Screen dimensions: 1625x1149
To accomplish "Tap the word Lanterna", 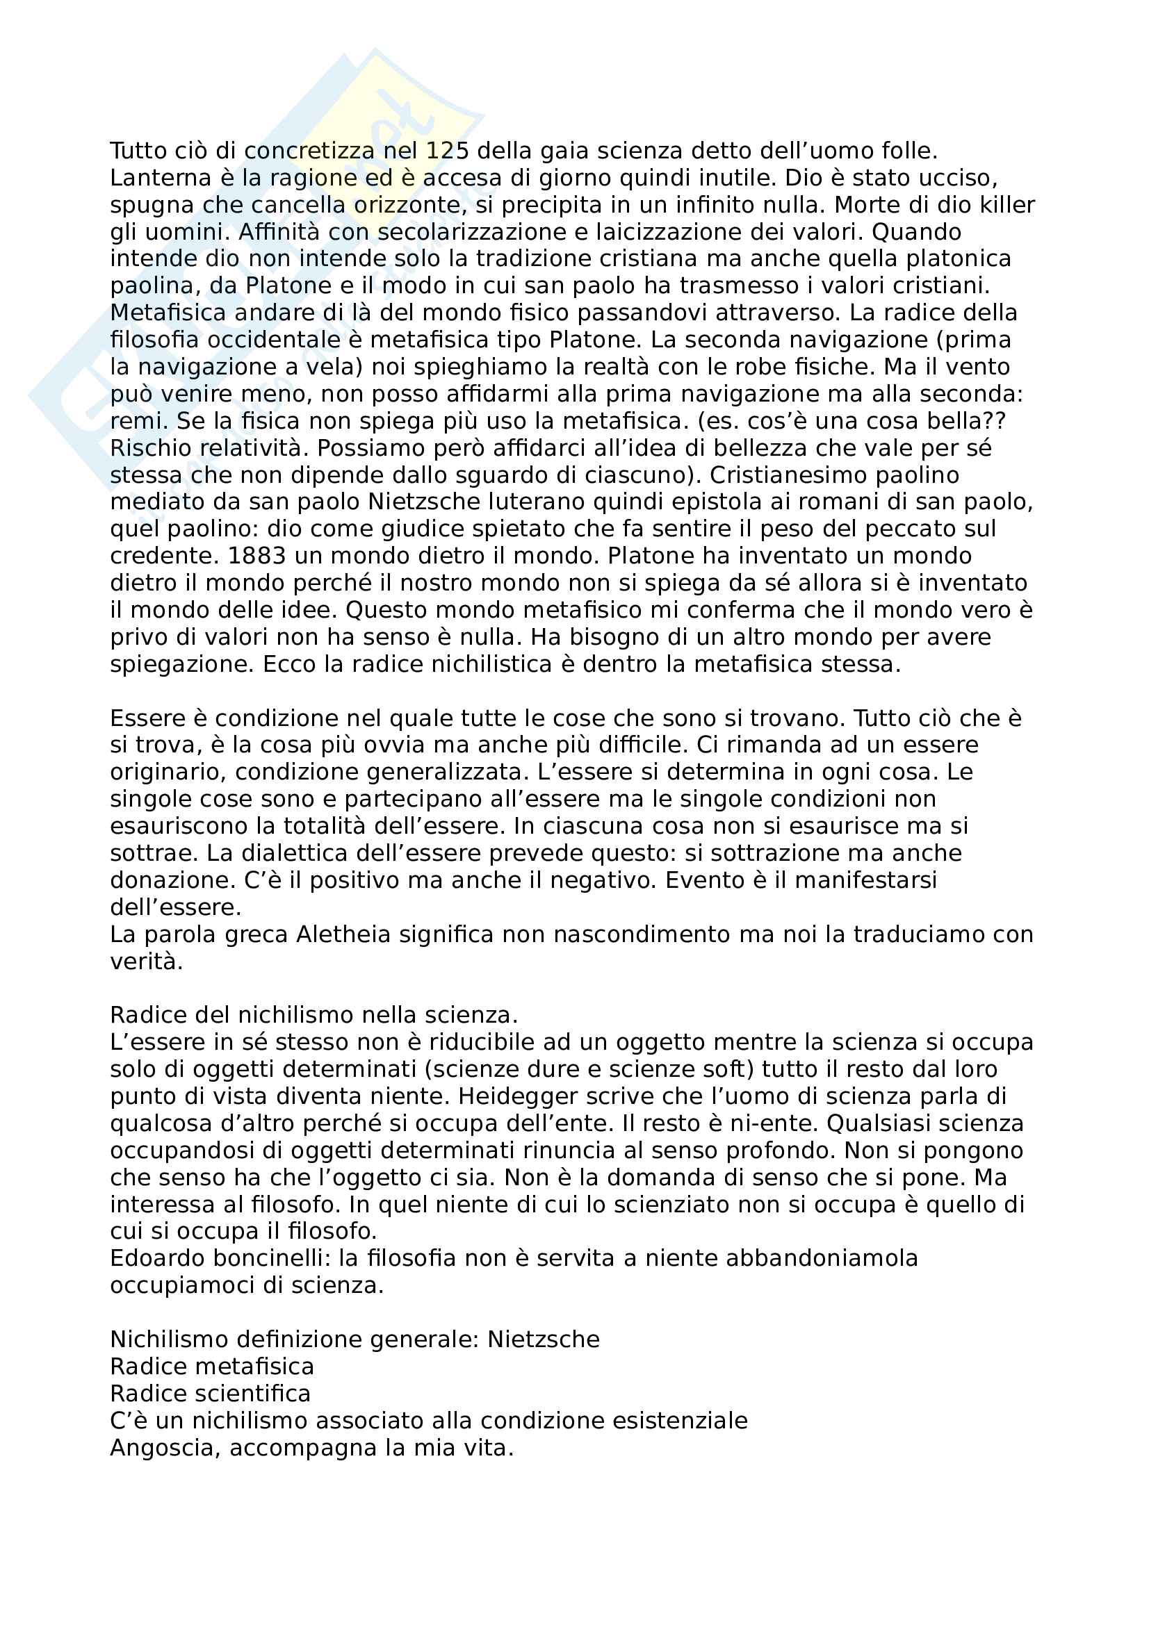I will tap(151, 178).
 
